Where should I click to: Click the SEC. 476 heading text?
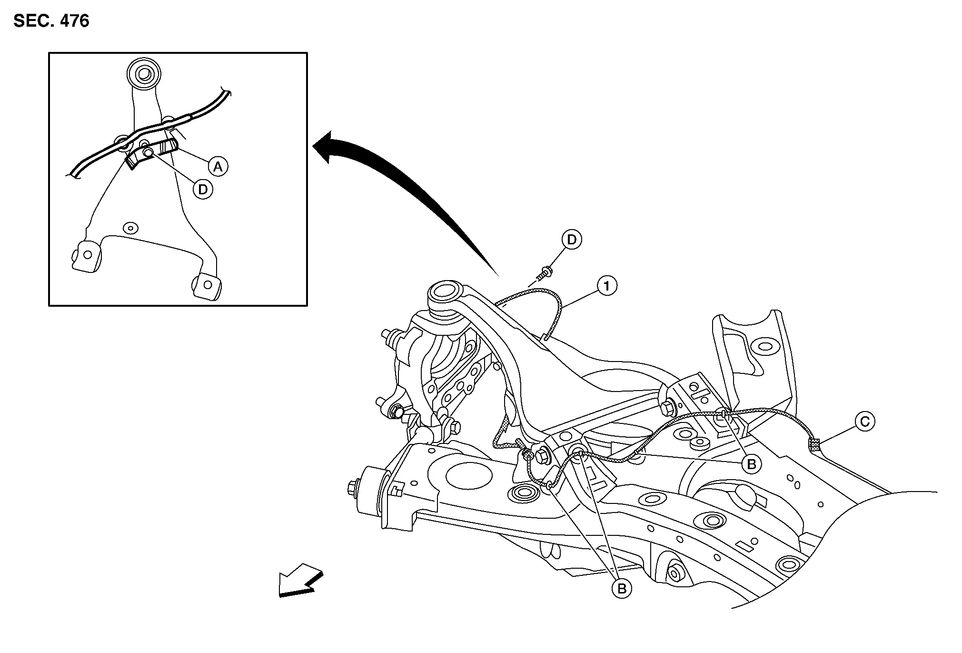pos(51,21)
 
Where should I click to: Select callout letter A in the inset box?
pos(218,167)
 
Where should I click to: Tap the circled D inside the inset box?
pos(203,190)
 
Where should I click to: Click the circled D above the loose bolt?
pos(572,240)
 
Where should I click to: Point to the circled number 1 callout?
pos(607,286)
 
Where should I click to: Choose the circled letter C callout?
pos(864,422)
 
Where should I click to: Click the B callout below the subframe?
pos(622,589)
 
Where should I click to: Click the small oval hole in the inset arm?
pos(129,228)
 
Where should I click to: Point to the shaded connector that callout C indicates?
pos(814,445)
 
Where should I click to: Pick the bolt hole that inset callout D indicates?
pos(148,152)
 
